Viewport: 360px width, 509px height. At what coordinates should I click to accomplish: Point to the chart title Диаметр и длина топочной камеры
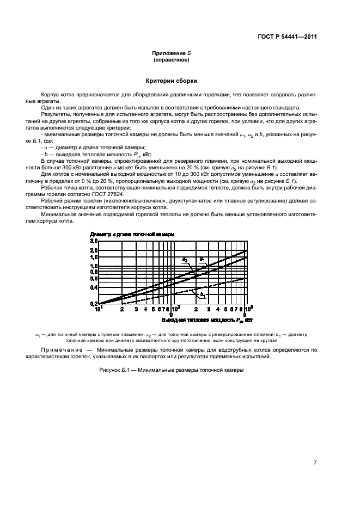pos(132,234)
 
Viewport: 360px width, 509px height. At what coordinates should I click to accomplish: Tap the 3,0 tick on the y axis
pos(93,241)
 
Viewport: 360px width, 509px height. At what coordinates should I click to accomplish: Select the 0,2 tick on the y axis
pos(93,303)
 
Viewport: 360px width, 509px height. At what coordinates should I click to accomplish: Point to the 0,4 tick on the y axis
pos(93,287)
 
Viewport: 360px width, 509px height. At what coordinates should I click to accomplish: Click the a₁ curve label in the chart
pos(202,259)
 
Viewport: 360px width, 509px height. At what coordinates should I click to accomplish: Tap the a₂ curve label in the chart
pos(185,259)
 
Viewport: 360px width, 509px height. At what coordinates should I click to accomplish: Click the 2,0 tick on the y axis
pos(93,249)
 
